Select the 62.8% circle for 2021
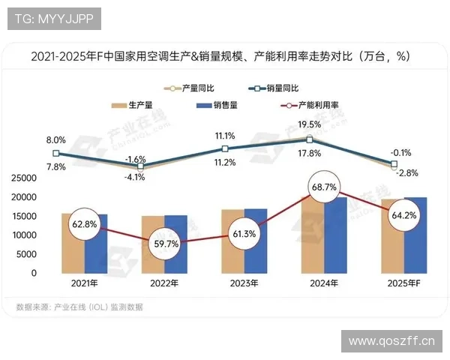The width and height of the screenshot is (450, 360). [85, 223]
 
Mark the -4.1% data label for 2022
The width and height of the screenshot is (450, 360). [136, 178]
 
